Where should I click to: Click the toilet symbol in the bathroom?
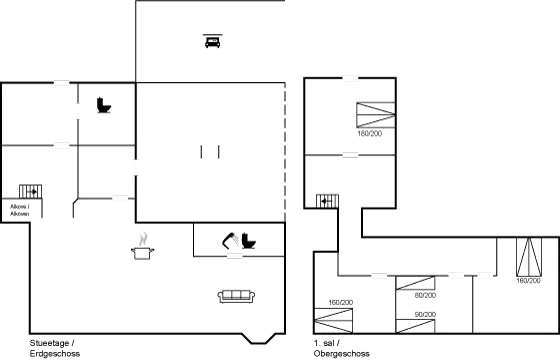pyautogui.click(x=103, y=104)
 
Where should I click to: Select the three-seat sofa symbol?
pyautogui.click(x=238, y=294)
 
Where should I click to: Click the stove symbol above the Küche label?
pyautogui.click(x=30, y=190)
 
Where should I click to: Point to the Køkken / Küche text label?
pyautogui.click(x=20, y=209)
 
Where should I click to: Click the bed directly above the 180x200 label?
pyautogui.click(x=374, y=113)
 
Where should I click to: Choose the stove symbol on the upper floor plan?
pyautogui.click(x=327, y=200)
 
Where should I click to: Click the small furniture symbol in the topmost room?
pyautogui.click(x=211, y=41)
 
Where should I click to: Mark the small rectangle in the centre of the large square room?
pyautogui.click(x=209, y=151)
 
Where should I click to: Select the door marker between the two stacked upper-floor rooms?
pyautogui.click(x=349, y=155)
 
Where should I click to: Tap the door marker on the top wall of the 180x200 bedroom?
pyautogui.click(x=349, y=78)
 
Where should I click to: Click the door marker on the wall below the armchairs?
pyautogui.click(x=235, y=257)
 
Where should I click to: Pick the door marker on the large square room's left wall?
pyautogui.click(x=135, y=166)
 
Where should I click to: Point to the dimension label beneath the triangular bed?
pyautogui.click(x=527, y=281)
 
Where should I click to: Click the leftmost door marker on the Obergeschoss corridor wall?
pyautogui.click(x=379, y=275)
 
